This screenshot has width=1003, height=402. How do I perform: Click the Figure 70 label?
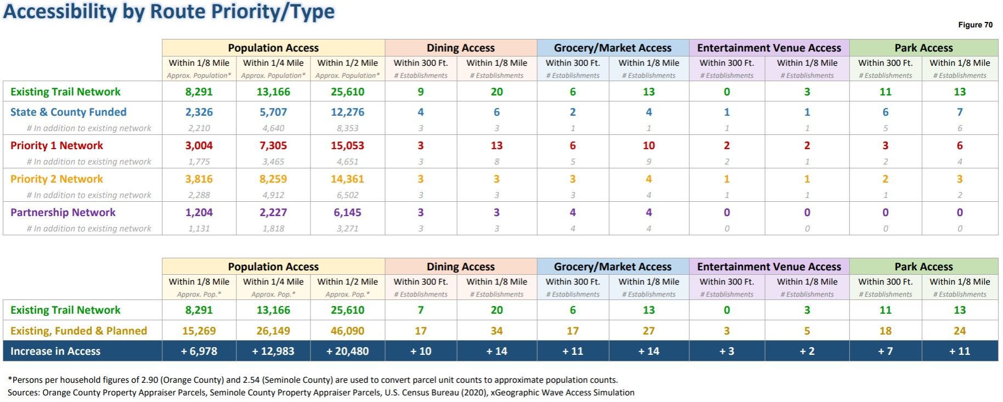click(x=975, y=25)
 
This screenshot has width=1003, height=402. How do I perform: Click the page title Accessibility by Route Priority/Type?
click(x=169, y=12)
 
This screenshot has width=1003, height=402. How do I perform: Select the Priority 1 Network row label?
click(x=57, y=145)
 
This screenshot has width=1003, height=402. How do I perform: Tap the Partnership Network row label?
click(x=63, y=212)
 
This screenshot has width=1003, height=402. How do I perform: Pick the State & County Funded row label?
click(x=68, y=112)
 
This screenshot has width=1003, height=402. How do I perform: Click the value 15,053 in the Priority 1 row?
click(x=347, y=145)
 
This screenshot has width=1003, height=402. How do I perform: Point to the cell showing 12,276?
click(x=347, y=112)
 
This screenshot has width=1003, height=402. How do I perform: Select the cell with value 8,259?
click(x=273, y=179)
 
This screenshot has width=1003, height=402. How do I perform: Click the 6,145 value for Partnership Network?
click(x=347, y=212)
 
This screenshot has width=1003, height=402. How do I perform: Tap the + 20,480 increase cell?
click(x=347, y=351)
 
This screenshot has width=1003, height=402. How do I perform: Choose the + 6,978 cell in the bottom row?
click(x=199, y=351)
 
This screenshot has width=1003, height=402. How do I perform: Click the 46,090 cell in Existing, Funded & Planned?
click(x=347, y=331)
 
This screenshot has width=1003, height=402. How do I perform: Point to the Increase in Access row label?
click(x=55, y=351)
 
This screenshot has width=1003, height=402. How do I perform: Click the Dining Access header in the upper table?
click(x=460, y=48)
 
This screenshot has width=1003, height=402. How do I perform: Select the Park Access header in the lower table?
click(x=923, y=267)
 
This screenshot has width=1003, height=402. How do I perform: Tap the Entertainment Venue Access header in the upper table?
click(x=769, y=48)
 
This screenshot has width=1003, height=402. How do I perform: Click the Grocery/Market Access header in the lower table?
click(x=612, y=267)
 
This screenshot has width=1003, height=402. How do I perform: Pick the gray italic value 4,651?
click(x=347, y=162)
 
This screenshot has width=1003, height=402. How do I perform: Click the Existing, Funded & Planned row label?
click(x=78, y=331)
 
